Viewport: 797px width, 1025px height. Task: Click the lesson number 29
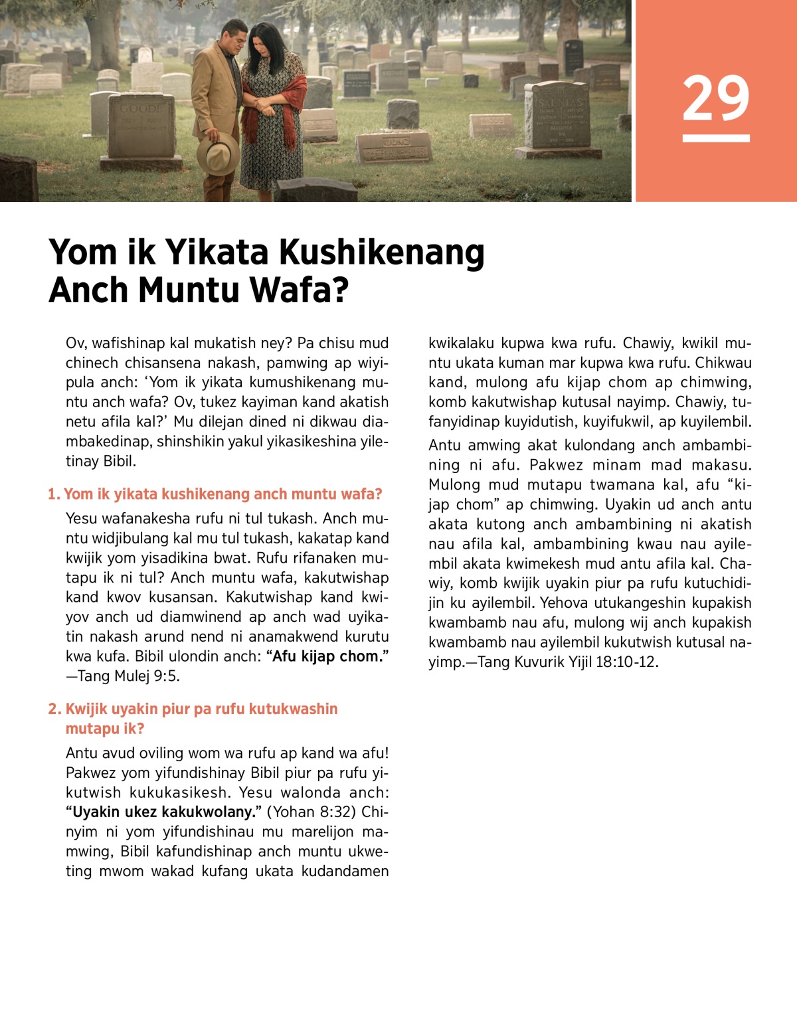[715, 98]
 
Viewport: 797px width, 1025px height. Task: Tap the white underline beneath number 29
[715, 138]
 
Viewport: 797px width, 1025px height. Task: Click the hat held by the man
[218, 153]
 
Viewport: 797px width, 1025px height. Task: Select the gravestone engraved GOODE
[141, 126]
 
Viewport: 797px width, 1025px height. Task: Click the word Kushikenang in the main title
[381, 252]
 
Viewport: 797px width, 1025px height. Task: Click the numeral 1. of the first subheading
[54, 494]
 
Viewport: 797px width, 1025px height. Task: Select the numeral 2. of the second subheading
[54, 709]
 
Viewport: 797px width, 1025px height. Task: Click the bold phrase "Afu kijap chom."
[327, 656]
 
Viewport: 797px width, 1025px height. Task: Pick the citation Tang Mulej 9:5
[128, 676]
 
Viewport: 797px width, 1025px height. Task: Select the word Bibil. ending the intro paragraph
[120, 461]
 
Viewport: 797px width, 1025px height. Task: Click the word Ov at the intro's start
[74, 343]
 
